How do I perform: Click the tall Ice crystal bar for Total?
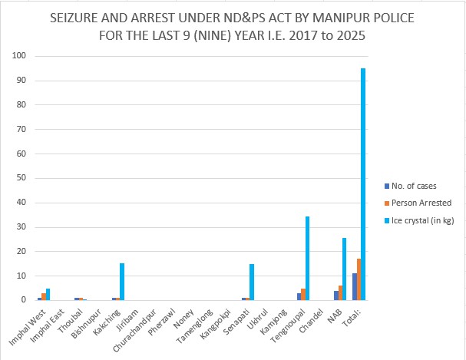[363, 184]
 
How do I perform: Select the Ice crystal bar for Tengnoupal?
[308, 258]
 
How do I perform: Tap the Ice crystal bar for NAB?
[345, 269]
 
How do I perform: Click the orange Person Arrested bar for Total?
[359, 279]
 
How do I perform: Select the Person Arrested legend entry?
[421, 203]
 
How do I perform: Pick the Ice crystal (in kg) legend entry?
[423, 220]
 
